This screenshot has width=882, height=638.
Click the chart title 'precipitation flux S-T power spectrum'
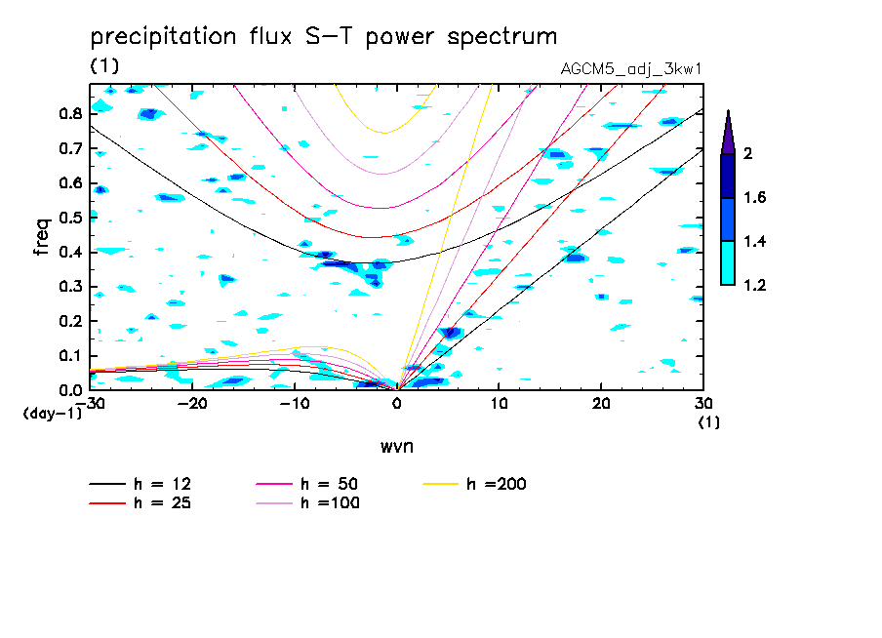[x=324, y=38]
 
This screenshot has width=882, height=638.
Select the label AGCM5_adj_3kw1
[x=632, y=69]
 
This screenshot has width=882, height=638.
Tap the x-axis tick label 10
[x=499, y=403]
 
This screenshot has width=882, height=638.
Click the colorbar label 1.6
[x=755, y=198]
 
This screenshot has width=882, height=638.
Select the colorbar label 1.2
[x=755, y=286]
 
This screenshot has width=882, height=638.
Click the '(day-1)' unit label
[x=52, y=414]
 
